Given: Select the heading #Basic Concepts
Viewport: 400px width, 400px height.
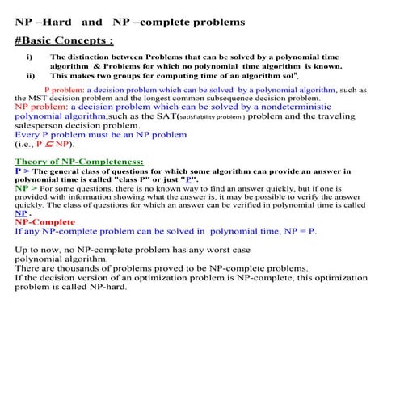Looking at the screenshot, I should tap(63, 40).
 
